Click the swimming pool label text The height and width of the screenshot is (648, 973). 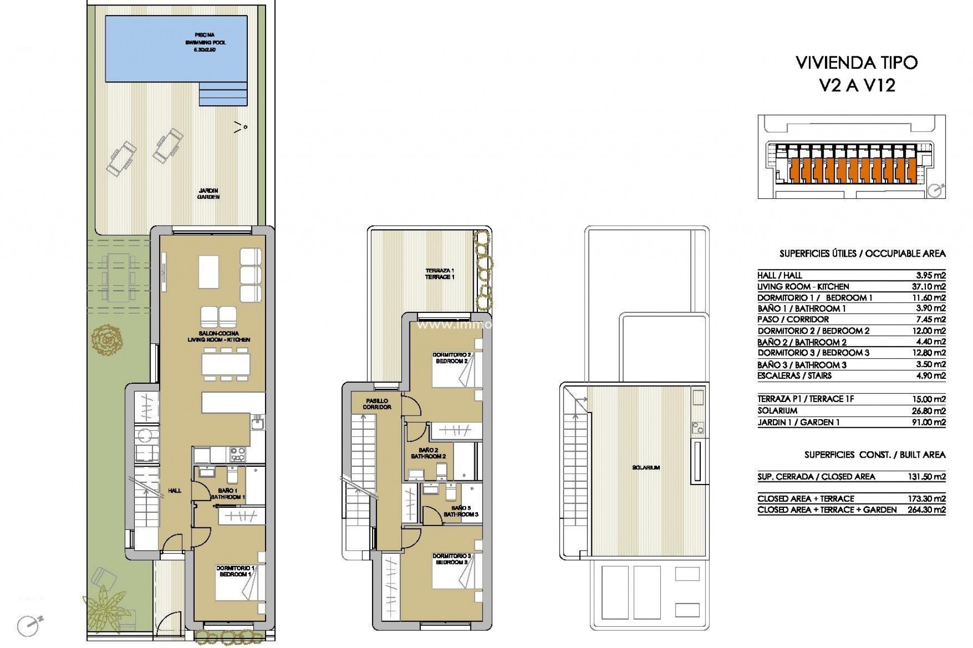point(205,43)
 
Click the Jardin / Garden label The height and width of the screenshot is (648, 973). point(209,194)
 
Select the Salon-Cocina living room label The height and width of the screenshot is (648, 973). point(218,337)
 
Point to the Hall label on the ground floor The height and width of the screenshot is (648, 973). point(174,491)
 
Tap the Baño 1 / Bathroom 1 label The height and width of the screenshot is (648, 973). point(228,494)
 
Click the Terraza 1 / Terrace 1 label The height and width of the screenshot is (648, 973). point(439,273)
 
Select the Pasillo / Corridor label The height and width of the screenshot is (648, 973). point(377,403)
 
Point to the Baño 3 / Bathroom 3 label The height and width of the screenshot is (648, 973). point(460,511)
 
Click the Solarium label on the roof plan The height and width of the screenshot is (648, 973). point(646,468)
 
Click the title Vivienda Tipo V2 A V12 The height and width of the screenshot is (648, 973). point(857,74)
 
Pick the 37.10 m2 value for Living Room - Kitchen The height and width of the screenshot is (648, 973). point(928,287)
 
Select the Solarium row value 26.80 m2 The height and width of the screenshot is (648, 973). point(928,411)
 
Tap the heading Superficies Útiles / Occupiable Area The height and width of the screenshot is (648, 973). point(862,254)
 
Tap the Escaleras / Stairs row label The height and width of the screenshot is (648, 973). point(795,376)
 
